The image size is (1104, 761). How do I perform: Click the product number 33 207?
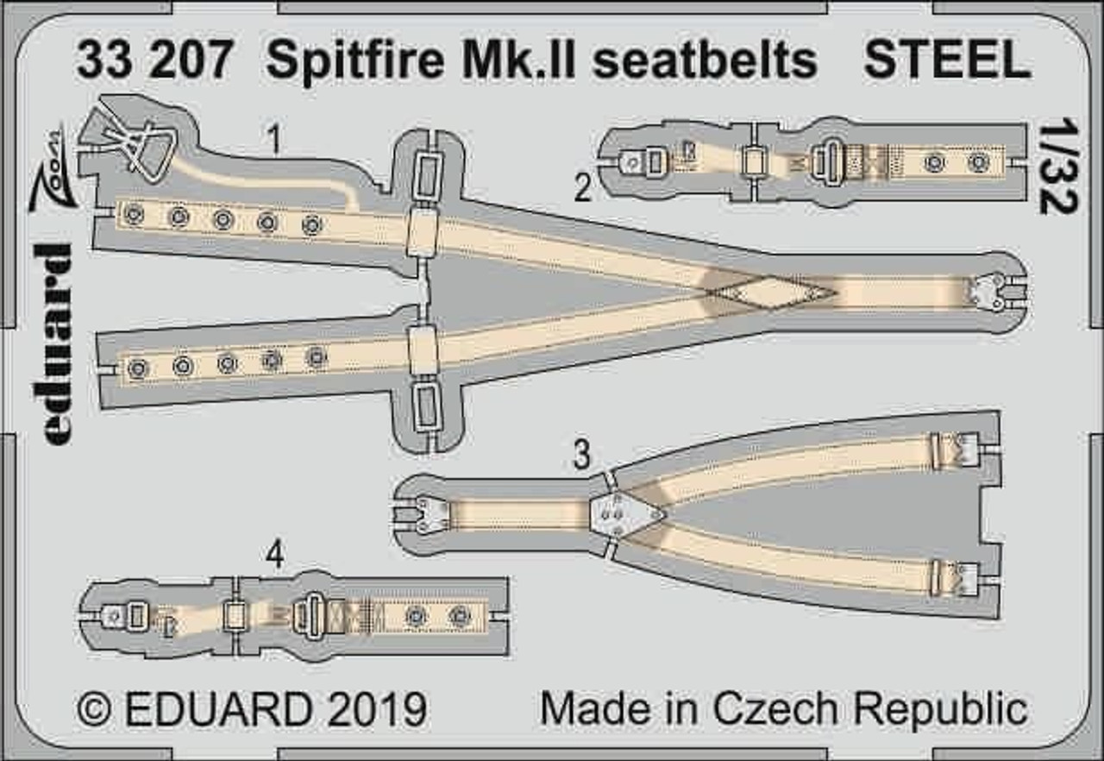(x=156, y=60)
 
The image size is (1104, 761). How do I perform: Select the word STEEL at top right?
(x=947, y=60)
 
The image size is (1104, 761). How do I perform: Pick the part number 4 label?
(x=274, y=559)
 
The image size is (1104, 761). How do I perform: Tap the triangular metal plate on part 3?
(x=626, y=513)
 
